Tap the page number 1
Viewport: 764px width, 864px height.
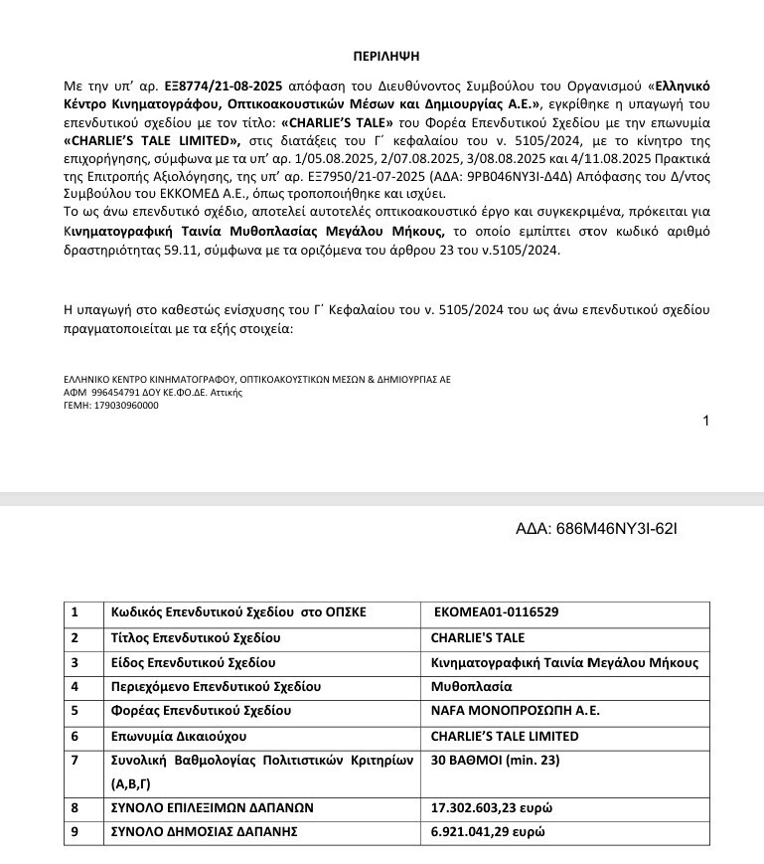(x=705, y=421)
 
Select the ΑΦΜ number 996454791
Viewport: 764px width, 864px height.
(x=119, y=393)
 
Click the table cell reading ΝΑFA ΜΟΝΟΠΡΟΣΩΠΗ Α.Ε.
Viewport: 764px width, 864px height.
(x=502, y=711)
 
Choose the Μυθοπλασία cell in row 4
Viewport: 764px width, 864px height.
(x=471, y=686)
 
